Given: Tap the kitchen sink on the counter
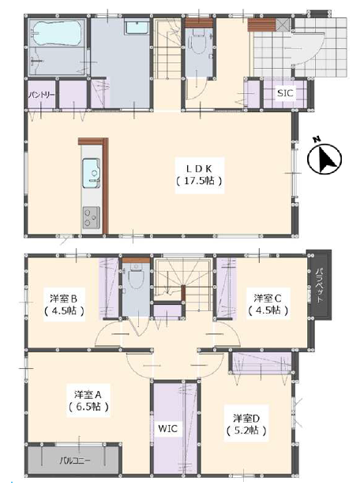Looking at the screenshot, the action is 92,173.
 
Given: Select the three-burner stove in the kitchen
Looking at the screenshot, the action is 92,217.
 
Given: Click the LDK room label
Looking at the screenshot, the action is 200,168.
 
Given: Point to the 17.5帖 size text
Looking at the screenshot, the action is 199,181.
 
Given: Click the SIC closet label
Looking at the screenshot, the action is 285,93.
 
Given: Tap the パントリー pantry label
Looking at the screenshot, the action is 41,95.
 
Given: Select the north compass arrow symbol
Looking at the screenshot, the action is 324,159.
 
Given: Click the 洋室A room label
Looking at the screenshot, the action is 88,394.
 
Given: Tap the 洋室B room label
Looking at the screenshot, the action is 63,299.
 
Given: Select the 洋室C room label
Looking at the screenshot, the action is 268,299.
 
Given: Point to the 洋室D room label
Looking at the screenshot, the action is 246,418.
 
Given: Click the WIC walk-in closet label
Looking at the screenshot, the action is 168,429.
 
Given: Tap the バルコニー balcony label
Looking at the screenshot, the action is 75,461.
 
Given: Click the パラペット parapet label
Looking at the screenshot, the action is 320,285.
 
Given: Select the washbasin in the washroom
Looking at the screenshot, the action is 137,27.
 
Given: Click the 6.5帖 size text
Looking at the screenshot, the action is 88,407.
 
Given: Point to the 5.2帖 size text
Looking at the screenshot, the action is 246,430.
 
